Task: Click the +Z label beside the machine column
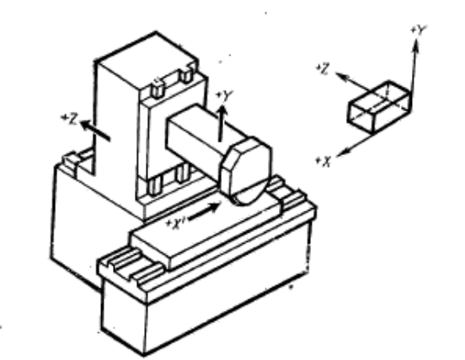point(69,119)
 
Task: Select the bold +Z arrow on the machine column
point(95,130)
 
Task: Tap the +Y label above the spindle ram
point(224,96)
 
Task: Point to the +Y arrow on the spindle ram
point(222,123)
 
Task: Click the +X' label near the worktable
point(176,224)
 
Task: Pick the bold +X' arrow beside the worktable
point(205,212)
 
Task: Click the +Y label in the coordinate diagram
point(418,30)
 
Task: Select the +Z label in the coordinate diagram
point(323,68)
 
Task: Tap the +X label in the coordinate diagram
point(323,161)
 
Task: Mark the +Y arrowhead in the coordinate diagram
point(416,46)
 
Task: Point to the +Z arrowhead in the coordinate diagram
point(342,76)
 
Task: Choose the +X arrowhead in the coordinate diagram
point(343,153)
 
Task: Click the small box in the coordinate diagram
point(380,106)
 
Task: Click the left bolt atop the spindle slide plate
point(158,89)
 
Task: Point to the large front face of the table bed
point(226,300)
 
